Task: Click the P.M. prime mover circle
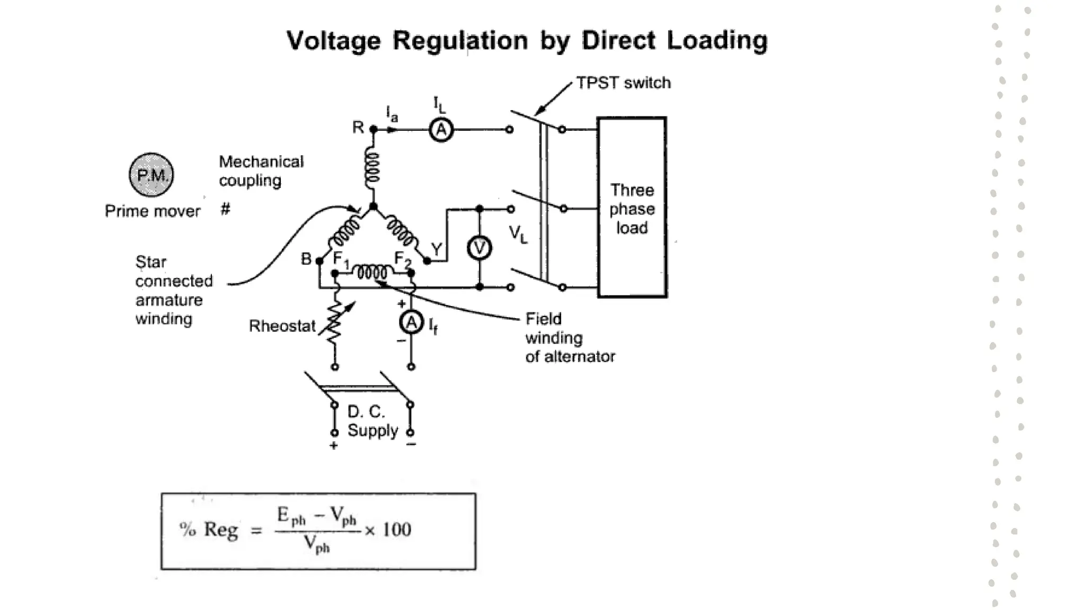coord(152,175)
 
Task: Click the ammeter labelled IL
coord(441,130)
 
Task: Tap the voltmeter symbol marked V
coord(479,248)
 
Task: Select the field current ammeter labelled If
coord(411,322)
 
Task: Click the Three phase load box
coord(632,208)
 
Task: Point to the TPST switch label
coord(623,83)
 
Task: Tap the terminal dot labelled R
coord(373,129)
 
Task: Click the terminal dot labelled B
coord(319,261)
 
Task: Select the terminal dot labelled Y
coord(427,261)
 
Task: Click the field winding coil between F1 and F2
coord(372,272)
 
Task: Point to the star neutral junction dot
coord(373,207)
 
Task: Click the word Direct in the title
coord(618,41)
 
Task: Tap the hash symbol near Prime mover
coord(226,209)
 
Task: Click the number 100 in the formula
coord(396,530)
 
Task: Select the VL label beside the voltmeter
coord(518,234)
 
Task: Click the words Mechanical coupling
coord(261,171)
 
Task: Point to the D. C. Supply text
coord(372,421)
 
